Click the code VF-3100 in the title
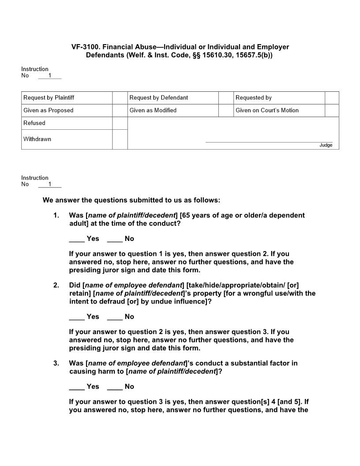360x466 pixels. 85,47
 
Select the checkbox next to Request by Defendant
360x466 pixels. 226,98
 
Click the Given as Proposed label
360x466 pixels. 49,110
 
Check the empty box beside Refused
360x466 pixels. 120,123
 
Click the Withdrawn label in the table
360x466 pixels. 37,139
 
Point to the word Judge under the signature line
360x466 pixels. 326,145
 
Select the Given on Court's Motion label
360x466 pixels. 267,110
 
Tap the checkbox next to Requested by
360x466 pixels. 332,98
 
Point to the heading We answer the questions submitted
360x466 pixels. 131,200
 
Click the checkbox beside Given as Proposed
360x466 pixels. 120,110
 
